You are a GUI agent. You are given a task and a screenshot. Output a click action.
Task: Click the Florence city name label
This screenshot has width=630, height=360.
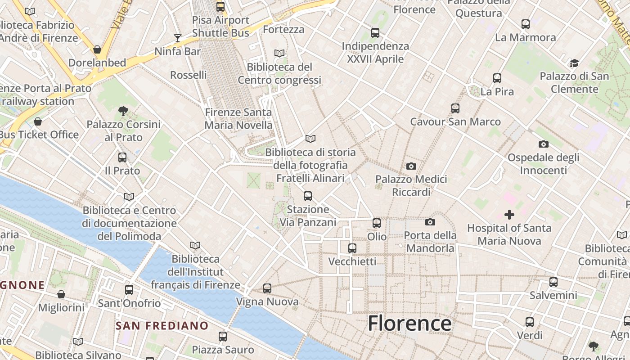pos(409,323)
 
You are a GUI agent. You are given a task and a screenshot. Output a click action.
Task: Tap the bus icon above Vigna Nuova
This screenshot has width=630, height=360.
pos(267,288)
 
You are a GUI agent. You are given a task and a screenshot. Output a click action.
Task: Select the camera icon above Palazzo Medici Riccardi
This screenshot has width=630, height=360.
pos(411,166)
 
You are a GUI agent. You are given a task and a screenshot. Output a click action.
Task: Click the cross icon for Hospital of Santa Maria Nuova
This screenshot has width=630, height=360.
pos(509,215)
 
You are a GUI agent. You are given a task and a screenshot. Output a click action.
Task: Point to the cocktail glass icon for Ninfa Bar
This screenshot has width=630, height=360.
pos(178,38)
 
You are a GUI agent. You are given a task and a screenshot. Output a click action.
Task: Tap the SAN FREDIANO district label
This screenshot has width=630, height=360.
pos(162,325)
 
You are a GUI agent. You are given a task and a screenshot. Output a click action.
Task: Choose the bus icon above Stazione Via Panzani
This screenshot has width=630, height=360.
pos(308,196)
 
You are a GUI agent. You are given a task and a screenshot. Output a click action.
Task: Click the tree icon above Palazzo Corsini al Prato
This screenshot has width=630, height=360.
pos(123,111)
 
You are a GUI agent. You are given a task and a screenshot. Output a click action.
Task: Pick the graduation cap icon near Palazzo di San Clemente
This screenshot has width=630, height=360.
pos(574,63)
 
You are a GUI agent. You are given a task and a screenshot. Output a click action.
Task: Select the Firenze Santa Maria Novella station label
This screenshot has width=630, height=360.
pos(238,118)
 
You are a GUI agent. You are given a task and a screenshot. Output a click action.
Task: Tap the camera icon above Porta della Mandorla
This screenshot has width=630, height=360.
pos(430,222)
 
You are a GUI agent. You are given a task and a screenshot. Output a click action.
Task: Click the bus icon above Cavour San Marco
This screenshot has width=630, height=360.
pos(455,108)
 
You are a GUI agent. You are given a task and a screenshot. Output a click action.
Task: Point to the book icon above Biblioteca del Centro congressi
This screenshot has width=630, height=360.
pos(279,53)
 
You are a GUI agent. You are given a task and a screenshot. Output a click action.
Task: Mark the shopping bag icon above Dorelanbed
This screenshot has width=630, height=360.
pos(97,49)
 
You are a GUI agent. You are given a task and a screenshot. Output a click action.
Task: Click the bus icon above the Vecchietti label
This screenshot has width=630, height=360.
pos(352,248)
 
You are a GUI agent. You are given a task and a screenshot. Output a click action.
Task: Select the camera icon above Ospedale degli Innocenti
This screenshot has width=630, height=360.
pos(544,144)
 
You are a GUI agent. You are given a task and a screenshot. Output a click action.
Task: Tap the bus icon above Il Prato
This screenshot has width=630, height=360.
pos(122,157)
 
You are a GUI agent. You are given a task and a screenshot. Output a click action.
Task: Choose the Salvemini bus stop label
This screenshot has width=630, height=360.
pos(553,295)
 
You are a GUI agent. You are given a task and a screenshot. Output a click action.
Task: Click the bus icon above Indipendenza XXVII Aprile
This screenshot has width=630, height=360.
pos(375,33)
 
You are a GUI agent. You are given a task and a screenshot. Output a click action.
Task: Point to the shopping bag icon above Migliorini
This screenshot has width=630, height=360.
pos(61,294)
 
